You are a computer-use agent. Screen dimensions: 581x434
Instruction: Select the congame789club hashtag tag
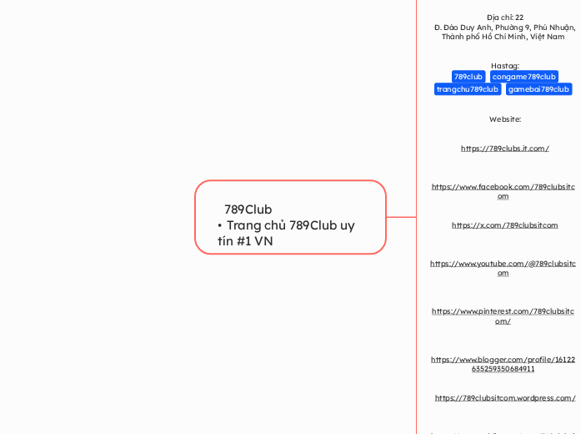523,77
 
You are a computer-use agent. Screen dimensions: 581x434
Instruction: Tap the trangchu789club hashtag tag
468,89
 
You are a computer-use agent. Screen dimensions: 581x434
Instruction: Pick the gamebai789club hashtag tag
538,89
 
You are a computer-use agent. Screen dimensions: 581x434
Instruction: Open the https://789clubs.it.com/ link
504,149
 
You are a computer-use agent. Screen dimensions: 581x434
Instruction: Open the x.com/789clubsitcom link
504,225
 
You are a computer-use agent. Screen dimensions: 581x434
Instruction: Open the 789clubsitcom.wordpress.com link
504,398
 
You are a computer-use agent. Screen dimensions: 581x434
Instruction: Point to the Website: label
504,119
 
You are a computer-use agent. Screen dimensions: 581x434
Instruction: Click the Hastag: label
505,65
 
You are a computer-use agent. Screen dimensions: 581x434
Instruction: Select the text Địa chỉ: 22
505,17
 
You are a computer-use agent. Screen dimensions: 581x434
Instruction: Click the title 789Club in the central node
248,209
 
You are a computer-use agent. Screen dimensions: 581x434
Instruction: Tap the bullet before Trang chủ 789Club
219,226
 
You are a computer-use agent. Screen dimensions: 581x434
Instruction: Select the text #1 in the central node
245,241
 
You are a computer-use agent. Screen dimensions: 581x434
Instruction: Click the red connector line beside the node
401,217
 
